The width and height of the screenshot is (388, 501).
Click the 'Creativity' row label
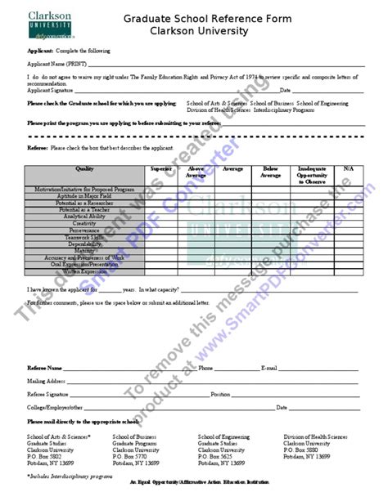(x=85, y=223)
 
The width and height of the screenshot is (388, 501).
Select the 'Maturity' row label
(x=85, y=252)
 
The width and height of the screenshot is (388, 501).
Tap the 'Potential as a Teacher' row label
(x=85, y=209)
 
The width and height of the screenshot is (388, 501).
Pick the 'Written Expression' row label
(x=85, y=272)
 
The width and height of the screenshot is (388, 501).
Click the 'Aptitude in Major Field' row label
(x=85, y=195)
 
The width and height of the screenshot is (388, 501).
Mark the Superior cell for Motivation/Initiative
(x=160, y=189)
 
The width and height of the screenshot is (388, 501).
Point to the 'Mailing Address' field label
(x=46, y=381)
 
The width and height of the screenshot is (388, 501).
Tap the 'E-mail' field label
(x=270, y=369)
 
